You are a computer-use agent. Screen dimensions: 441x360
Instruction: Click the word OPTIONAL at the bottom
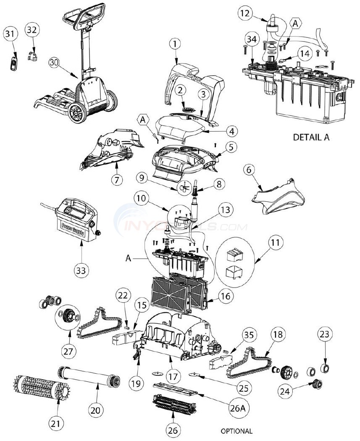(236, 431)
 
